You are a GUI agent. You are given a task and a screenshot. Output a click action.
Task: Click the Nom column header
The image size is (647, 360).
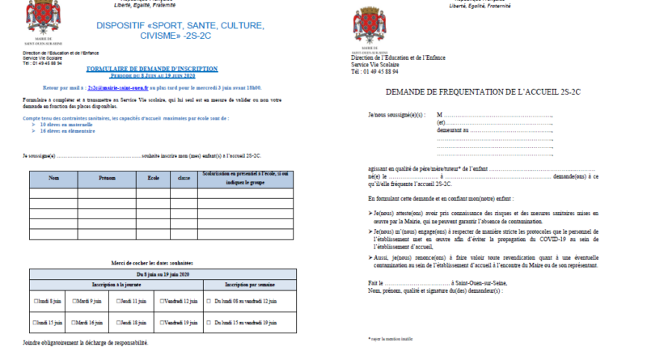point(54,177)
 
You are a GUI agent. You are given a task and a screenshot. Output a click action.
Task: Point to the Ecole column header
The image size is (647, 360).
point(153,177)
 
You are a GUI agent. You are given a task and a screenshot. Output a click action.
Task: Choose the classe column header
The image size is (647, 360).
point(184,177)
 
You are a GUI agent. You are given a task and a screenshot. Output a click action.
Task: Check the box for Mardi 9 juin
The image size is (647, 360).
point(74,302)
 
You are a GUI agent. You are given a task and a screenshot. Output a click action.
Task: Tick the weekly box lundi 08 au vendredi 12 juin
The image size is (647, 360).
point(209,302)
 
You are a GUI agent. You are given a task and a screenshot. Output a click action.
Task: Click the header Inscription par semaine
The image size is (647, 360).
point(246,286)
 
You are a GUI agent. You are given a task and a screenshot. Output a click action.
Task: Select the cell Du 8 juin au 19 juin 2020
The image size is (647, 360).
point(161,275)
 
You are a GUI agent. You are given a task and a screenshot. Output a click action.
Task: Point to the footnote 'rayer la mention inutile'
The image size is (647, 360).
point(391,338)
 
